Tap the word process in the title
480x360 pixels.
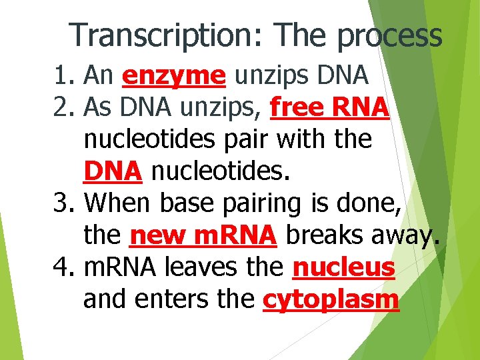pos(390,36)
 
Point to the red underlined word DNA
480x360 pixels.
pos(113,171)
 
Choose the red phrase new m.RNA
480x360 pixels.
pos(203,235)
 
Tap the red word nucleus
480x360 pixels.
pos(344,268)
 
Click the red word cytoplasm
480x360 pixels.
pos(331,301)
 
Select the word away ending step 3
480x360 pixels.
pos(406,237)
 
